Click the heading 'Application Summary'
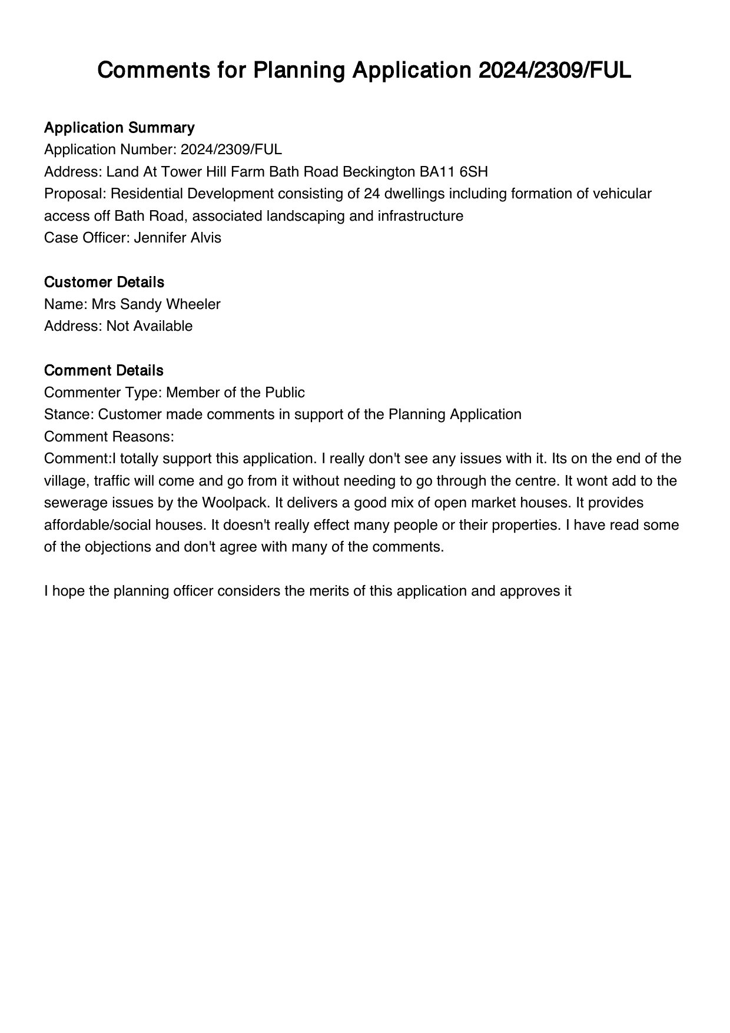(119, 128)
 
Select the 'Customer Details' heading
(104, 283)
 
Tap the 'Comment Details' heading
(104, 371)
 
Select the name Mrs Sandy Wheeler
(156, 304)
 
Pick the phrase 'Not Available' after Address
(150, 326)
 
